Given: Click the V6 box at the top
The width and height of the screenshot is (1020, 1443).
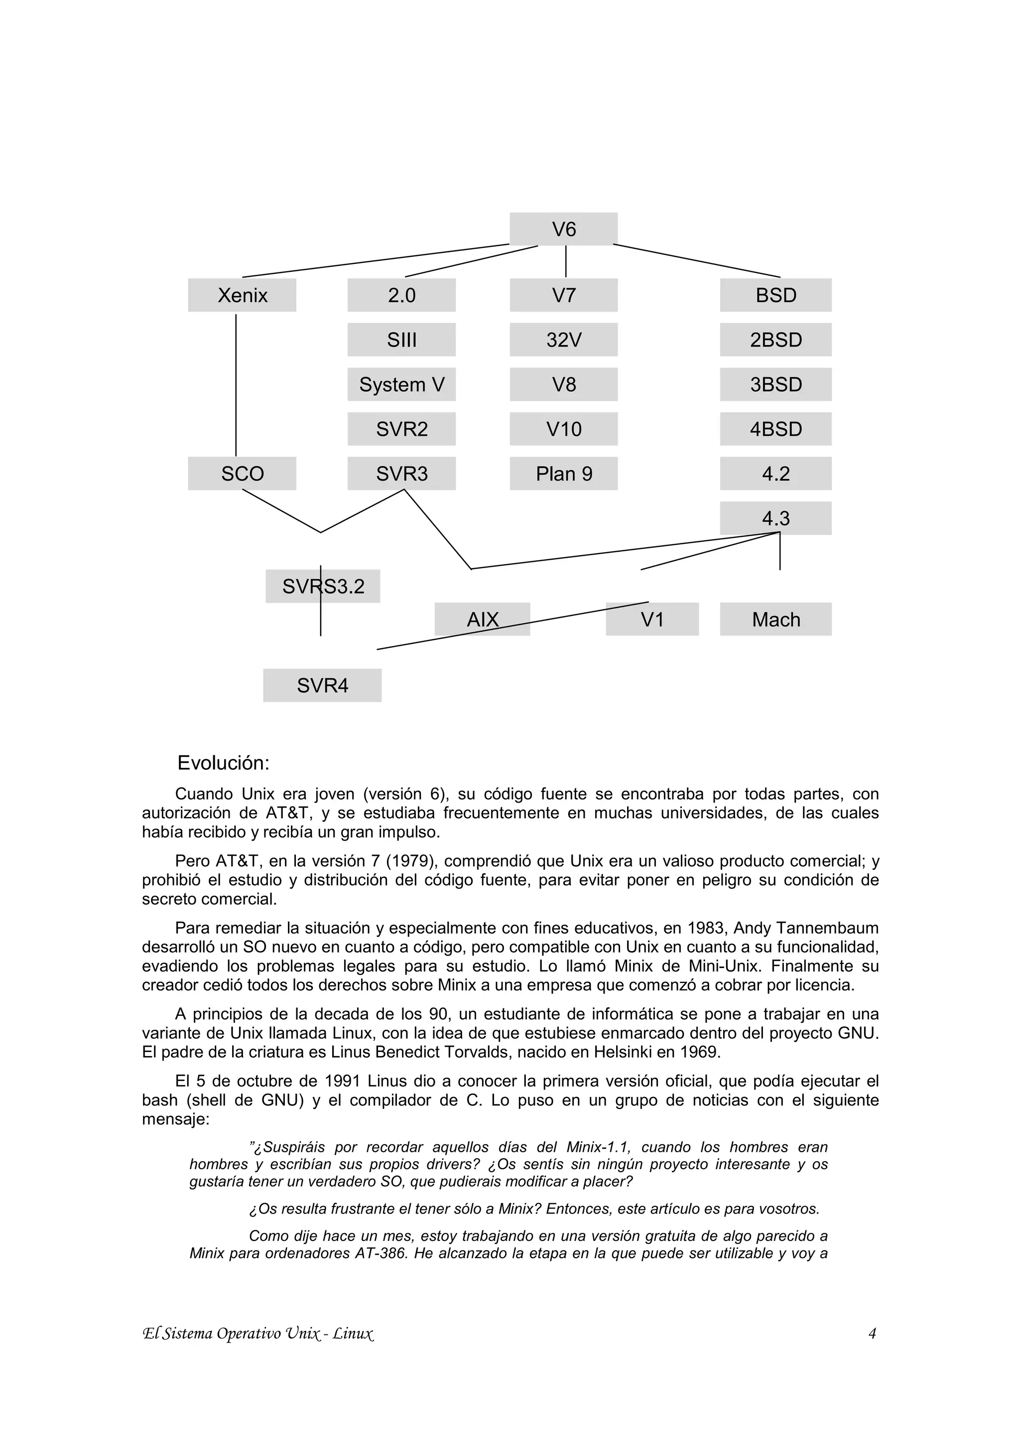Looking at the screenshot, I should coord(563,229).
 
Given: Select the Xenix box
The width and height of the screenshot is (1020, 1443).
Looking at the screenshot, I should coord(242,295).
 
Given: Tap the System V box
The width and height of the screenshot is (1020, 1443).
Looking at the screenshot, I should coord(401,384).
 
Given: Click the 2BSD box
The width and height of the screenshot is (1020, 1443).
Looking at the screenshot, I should coord(775,340).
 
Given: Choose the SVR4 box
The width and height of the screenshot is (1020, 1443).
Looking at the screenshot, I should coord(322,685).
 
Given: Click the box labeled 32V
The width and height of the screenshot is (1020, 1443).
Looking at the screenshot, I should coord(563,340).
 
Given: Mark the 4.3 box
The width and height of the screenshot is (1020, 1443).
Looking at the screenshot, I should coord(775,518).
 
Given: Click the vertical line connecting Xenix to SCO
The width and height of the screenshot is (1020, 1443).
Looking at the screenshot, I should coord(236,384).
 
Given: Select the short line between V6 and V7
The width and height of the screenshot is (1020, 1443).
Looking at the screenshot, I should coord(566,261).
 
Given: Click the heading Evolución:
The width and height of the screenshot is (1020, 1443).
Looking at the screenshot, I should coord(223,762).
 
